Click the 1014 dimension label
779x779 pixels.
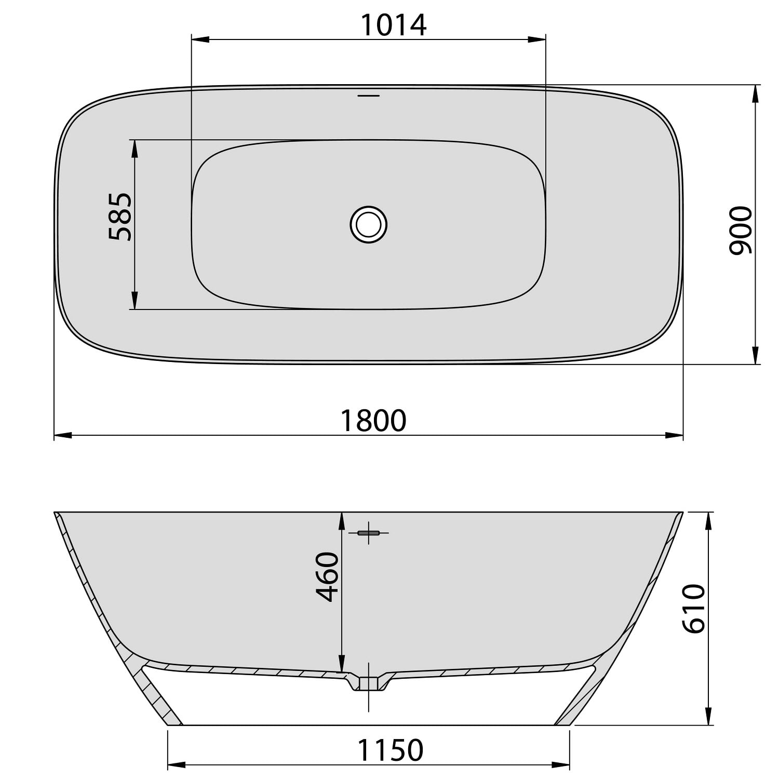(x=393, y=25)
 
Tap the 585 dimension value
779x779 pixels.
(x=120, y=217)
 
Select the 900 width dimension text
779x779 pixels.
(x=740, y=231)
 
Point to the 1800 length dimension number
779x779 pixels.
(x=373, y=421)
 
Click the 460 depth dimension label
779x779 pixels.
(x=328, y=577)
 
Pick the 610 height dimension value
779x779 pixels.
(x=694, y=608)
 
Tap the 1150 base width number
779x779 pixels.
(x=390, y=750)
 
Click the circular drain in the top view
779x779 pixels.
(x=369, y=224)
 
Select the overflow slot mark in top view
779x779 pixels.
(x=369, y=96)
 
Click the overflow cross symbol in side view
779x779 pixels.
(x=369, y=533)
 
